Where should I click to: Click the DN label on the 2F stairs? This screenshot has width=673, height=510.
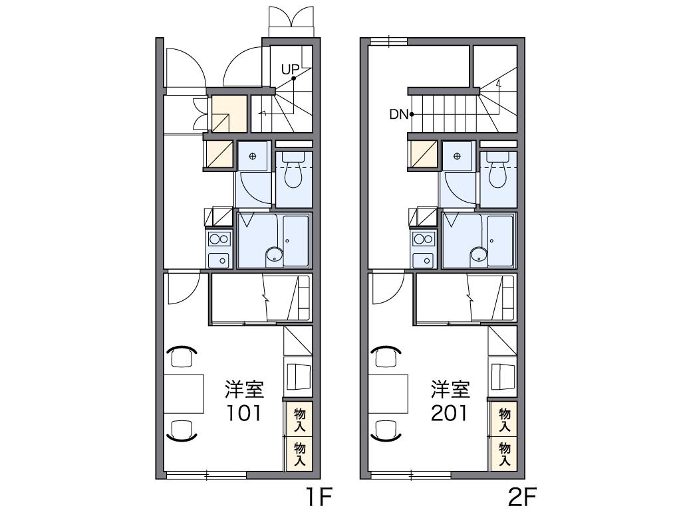pyautogui.click(x=398, y=114)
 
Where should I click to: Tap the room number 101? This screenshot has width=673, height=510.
pyautogui.click(x=244, y=414)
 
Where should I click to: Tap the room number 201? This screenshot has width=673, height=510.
pyautogui.click(x=450, y=414)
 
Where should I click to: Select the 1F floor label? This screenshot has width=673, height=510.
pyautogui.click(x=318, y=497)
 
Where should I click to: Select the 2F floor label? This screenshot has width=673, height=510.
pyautogui.click(x=522, y=497)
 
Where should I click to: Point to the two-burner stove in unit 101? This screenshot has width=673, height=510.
pyautogui.click(x=219, y=238)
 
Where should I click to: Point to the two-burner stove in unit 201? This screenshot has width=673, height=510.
pyautogui.click(x=424, y=238)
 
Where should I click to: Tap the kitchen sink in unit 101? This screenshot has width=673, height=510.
pyautogui.click(x=219, y=260)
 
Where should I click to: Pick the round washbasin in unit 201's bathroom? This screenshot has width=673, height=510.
pyautogui.click(x=478, y=254)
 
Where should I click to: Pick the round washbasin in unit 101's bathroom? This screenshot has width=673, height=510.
pyautogui.click(x=274, y=254)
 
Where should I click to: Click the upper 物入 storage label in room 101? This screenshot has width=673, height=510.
pyautogui.click(x=299, y=420)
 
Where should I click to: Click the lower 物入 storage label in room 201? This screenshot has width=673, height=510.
pyautogui.click(x=505, y=454)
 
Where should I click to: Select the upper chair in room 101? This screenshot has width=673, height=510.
pyautogui.click(x=181, y=356)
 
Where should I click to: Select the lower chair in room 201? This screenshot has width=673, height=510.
pyautogui.click(x=386, y=430)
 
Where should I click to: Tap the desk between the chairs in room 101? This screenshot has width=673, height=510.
pyautogui.click(x=184, y=393)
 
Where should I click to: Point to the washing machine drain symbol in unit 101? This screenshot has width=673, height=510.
pyautogui.click(x=253, y=156)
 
